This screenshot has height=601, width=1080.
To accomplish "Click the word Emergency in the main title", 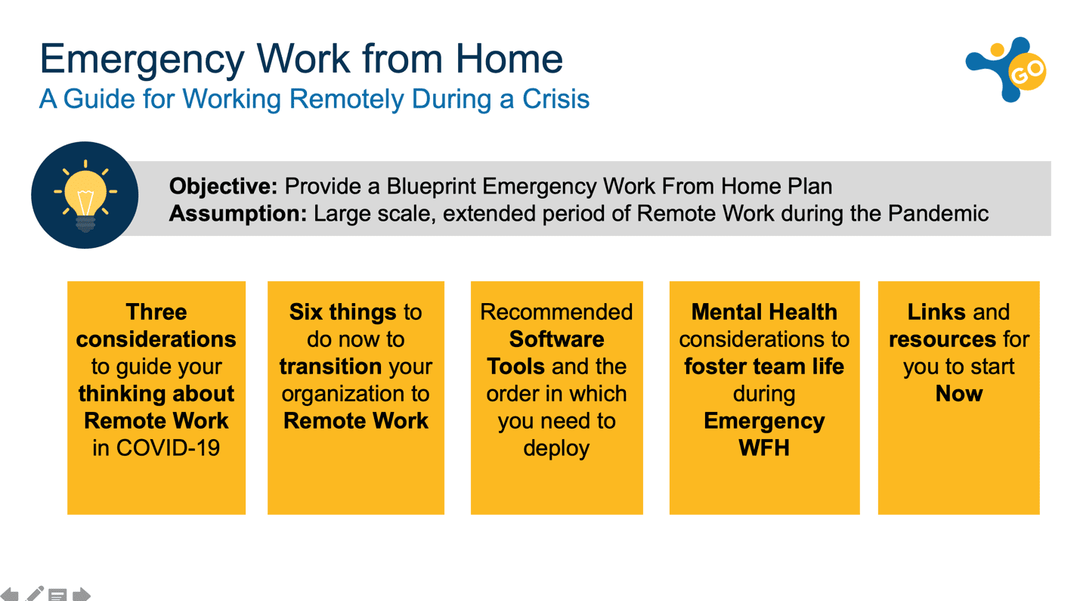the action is [x=142, y=60].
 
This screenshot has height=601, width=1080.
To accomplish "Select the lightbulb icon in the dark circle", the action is [x=85, y=196].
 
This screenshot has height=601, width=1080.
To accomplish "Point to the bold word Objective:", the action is [x=223, y=186].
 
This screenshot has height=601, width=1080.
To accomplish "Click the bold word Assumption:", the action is [x=238, y=213].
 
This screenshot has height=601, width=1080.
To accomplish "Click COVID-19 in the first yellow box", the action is [x=168, y=448].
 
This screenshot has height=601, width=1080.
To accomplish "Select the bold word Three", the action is [x=156, y=312].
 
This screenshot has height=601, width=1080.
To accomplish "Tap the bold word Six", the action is [x=306, y=312].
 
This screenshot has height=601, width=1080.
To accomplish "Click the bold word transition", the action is [x=331, y=367].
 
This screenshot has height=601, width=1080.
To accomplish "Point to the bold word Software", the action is [x=556, y=339].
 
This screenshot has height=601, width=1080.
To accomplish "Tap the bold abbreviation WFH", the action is [x=764, y=448].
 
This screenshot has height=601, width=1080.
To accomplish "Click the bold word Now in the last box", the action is [x=959, y=394].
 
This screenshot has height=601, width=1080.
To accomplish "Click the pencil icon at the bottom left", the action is [x=35, y=593].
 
